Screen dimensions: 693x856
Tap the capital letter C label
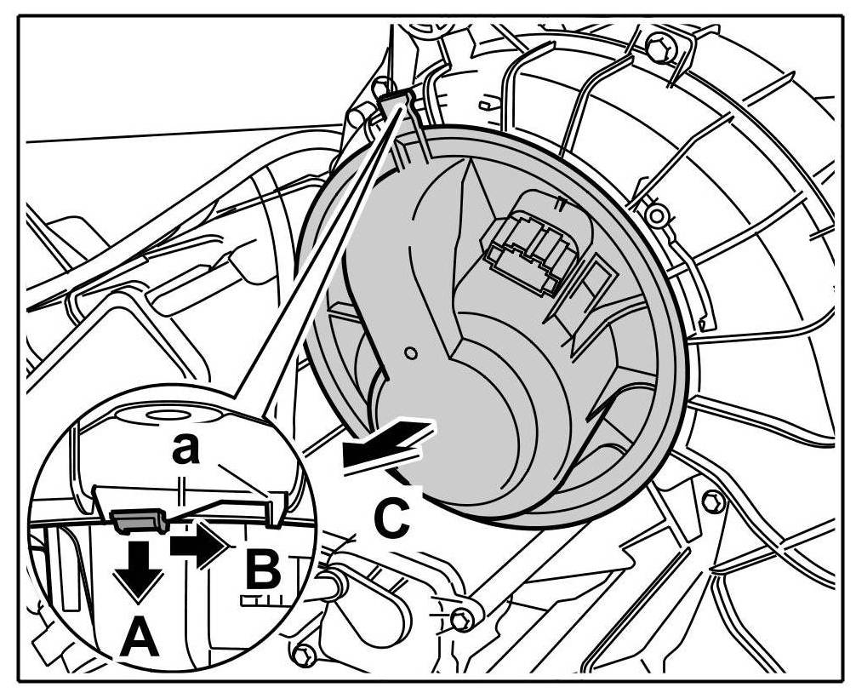click(x=391, y=517)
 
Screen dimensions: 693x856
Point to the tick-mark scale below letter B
click(x=260, y=599)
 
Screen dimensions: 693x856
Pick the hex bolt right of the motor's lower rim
click(x=713, y=501)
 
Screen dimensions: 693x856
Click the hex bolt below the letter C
click(x=462, y=620)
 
